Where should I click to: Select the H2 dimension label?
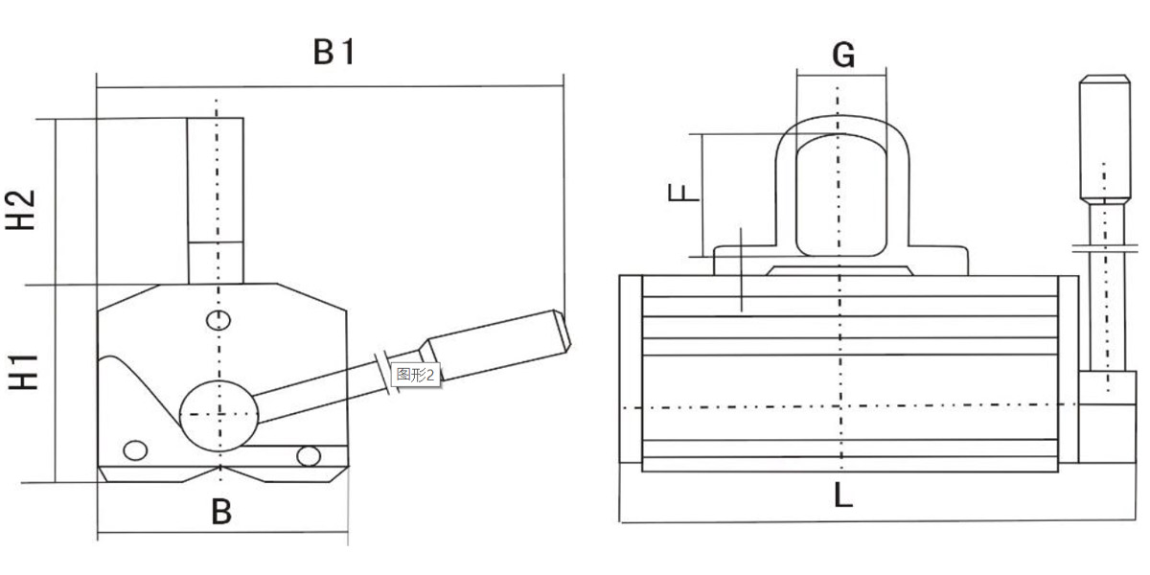22,209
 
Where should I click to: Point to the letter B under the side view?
221,512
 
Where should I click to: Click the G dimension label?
842,56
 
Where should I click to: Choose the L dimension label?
842,495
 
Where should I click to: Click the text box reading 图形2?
416,375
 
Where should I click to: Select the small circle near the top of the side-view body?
218,319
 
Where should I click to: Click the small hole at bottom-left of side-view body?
136,450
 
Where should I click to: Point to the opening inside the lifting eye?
840,196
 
